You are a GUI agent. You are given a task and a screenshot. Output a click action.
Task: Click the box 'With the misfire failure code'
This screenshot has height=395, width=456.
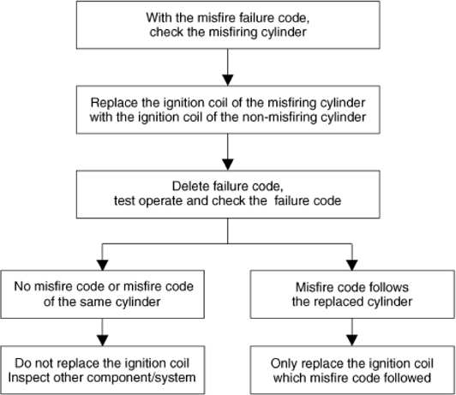pyautogui.click(x=228, y=25)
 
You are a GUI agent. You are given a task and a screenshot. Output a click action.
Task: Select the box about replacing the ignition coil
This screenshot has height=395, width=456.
pyautogui.click(x=228, y=110)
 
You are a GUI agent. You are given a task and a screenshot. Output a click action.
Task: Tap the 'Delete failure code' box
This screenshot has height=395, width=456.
pyautogui.click(x=228, y=195)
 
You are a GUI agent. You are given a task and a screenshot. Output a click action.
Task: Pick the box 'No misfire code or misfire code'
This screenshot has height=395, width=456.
pyautogui.click(x=102, y=294)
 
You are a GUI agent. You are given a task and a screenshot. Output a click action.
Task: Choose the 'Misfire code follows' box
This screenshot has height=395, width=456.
pyautogui.click(x=352, y=294)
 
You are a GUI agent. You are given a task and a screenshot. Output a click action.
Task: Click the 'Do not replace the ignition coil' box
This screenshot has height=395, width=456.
pyautogui.click(x=102, y=370)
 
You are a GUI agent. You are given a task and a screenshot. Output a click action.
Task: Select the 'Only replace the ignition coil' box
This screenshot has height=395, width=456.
pyautogui.click(x=352, y=370)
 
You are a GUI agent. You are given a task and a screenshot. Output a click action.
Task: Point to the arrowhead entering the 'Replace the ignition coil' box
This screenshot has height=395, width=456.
pyautogui.click(x=228, y=81)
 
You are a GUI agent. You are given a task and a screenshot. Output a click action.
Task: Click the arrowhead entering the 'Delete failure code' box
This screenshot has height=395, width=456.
pyautogui.click(x=228, y=165)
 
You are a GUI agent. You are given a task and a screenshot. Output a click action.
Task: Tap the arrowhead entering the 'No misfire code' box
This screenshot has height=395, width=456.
pyautogui.click(x=102, y=265)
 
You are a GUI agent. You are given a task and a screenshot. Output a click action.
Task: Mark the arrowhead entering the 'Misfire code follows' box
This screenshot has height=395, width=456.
pyautogui.click(x=352, y=265)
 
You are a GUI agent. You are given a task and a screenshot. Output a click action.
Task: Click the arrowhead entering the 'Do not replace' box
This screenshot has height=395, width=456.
pyautogui.click(x=102, y=341)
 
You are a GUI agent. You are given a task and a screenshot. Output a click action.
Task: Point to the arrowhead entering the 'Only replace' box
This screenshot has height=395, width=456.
pyautogui.click(x=352, y=341)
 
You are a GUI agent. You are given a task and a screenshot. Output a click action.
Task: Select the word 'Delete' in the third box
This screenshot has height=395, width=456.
pyautogui.click(x=190, y=186)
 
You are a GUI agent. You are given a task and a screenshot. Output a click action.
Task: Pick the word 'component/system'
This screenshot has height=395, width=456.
pyautogui.click(x=141, y=378)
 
